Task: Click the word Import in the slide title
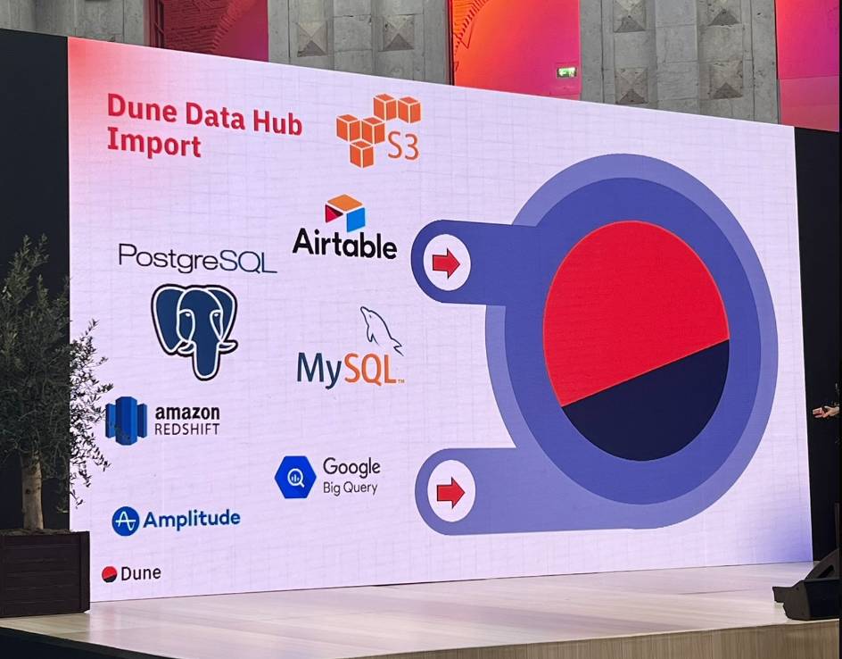point(154,143)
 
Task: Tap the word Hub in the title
point(277,122)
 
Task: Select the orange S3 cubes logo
point(378,130)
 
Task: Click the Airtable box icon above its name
point(345,213)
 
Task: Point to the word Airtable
point(345,244)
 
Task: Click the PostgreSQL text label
point(197,258)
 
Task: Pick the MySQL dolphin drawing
point(381,329)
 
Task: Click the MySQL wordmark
point(351,370)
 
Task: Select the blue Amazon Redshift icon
point(126,421)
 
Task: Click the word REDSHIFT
point(187,429)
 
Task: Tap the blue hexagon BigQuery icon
point(295,478)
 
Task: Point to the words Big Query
point(351,488)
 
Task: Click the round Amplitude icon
point(126,521)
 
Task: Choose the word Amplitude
point(192,519)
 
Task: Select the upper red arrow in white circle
point(446,263)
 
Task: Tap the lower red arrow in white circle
point(450,492)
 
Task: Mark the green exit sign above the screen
point(566,71)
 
